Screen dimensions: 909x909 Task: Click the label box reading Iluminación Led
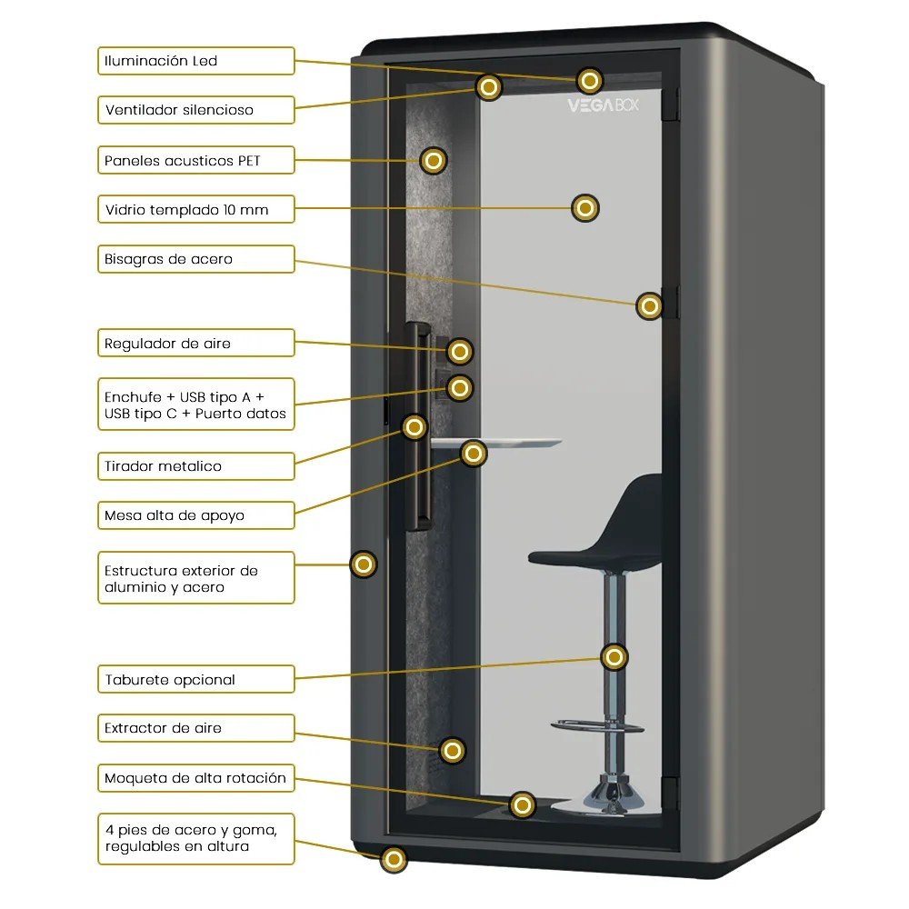(x=195, y=61)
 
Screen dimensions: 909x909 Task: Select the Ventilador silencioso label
(x=195, y=110)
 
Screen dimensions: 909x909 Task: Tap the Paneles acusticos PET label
(x=195, y=161)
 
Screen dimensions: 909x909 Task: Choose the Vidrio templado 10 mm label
(x=195, y=210)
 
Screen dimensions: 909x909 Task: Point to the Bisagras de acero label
(x=195, y=259)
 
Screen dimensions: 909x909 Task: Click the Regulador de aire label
(x=195, y=344)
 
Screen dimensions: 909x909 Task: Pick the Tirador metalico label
(x=195, y=466)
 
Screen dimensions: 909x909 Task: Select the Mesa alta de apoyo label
(x=195, y=515)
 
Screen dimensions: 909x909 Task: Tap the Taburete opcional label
(x=195, y=679)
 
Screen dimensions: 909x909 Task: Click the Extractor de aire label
(x=195, y=728)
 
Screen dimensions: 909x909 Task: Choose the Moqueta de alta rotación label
(x=195, y=778)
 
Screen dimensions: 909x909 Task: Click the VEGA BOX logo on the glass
(x=604, y=105)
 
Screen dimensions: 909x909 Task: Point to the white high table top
(x=509, y=444)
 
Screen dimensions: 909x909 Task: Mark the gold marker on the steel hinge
(x=649, y=306)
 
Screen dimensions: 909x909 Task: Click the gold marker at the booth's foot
(x=394, y=859)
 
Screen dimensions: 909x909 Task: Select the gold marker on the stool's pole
(x=614, y=656)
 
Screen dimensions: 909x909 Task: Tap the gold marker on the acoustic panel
(x=434, y=161)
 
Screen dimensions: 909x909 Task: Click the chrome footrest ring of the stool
(x=597, y=725)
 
